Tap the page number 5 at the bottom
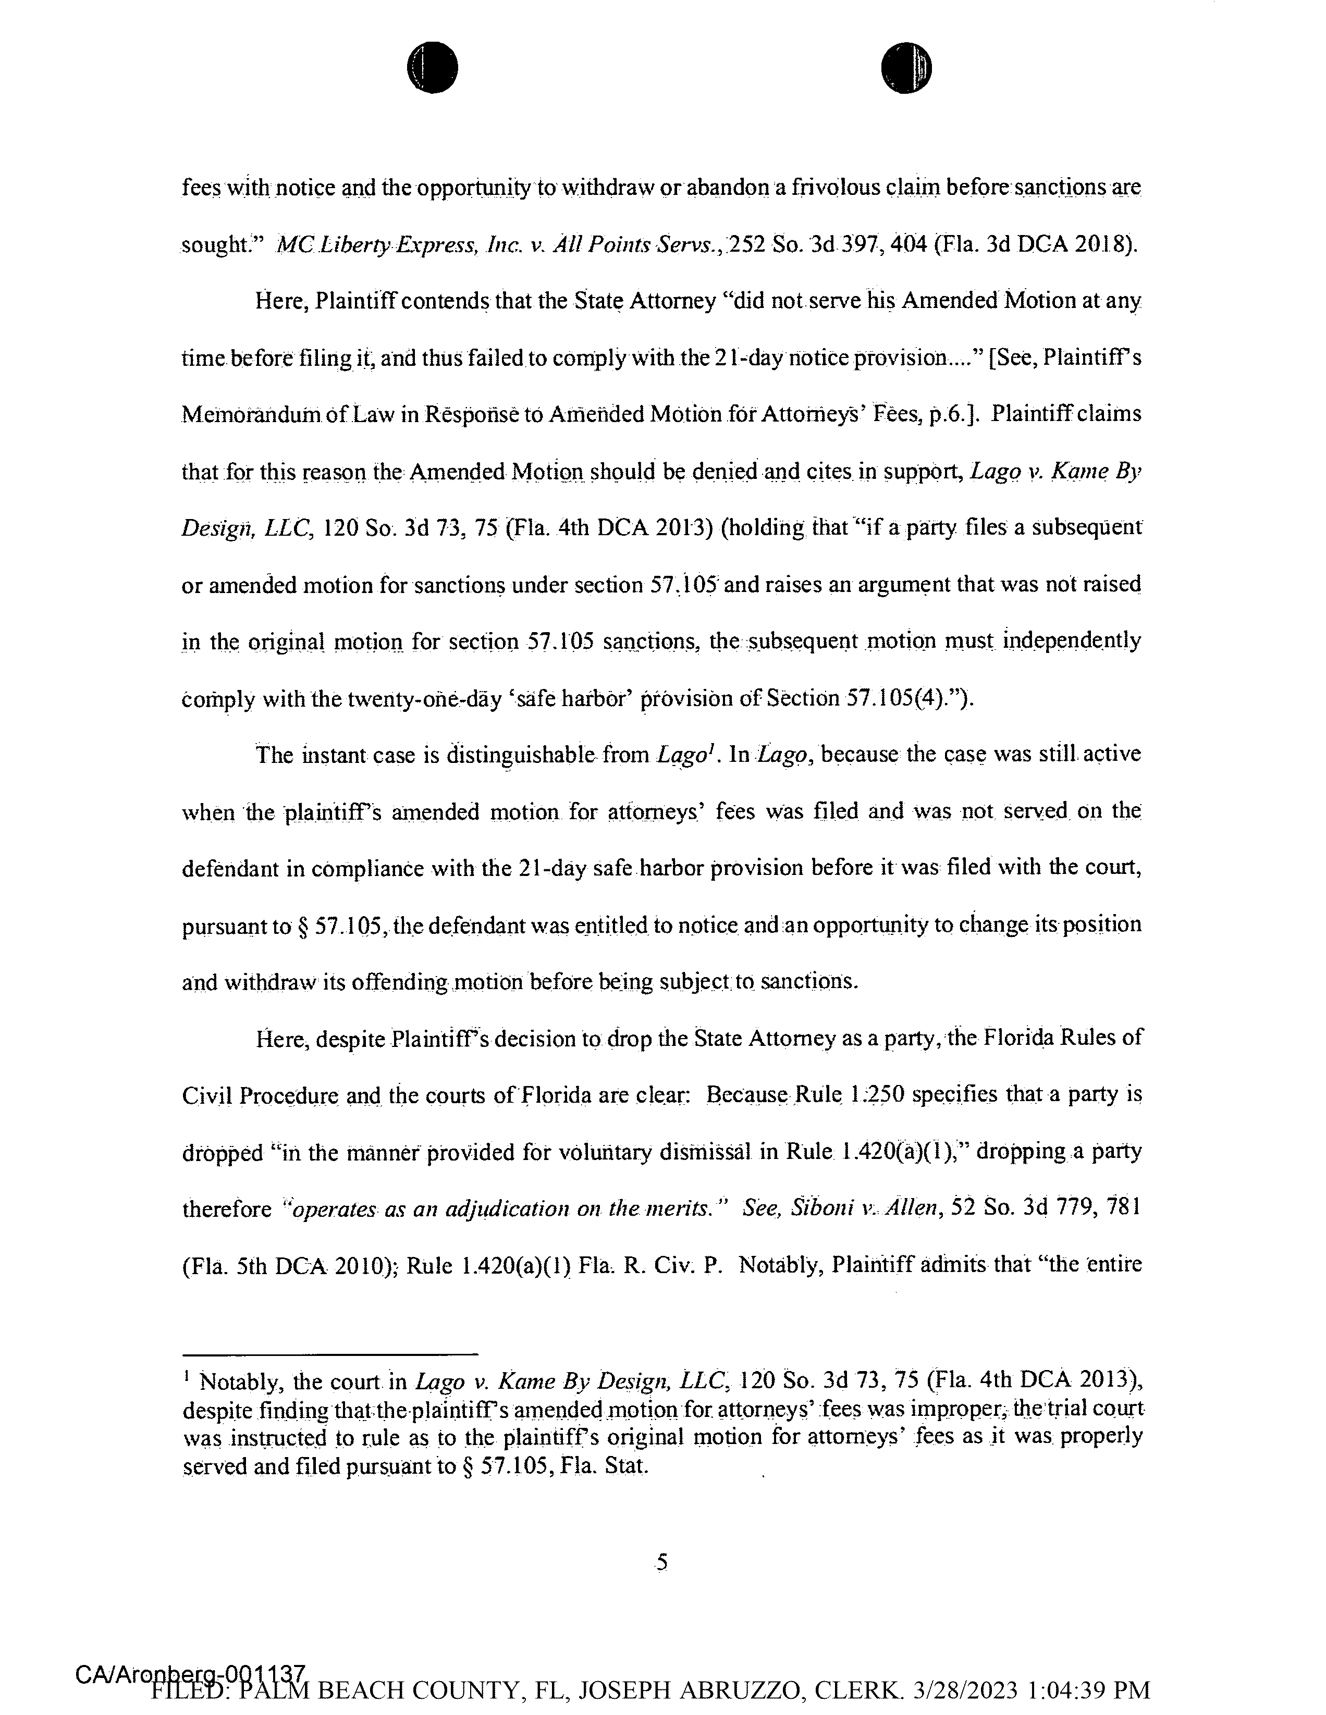(x=661, y=1563)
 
